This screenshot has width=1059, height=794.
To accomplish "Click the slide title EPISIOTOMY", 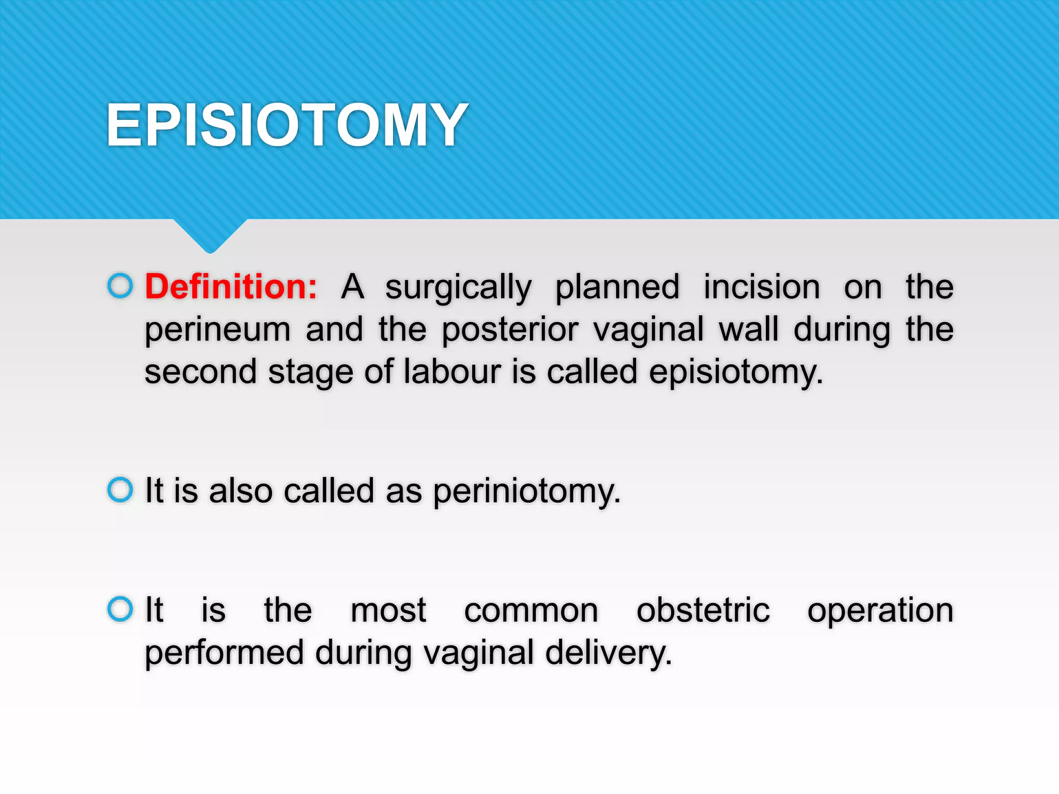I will tap(287, 125).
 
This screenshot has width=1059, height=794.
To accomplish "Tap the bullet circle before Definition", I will tap(120, 285).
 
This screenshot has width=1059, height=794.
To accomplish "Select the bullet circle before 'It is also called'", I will tap(120, 489).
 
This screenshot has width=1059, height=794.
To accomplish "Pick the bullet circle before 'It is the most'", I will tap(120, 608).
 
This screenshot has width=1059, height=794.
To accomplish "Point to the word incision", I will tap(761, 287).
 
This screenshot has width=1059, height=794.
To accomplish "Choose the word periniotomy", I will tap(526, 492).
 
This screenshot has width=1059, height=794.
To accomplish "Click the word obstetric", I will tap(703, 610).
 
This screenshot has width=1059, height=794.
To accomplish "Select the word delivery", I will tap(608, 653).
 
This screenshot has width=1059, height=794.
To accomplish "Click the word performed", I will tap(224, 653).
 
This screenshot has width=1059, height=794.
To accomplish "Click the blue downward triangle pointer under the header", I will tap(210, 235).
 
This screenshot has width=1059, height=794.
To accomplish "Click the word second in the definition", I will tap(201, 372).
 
